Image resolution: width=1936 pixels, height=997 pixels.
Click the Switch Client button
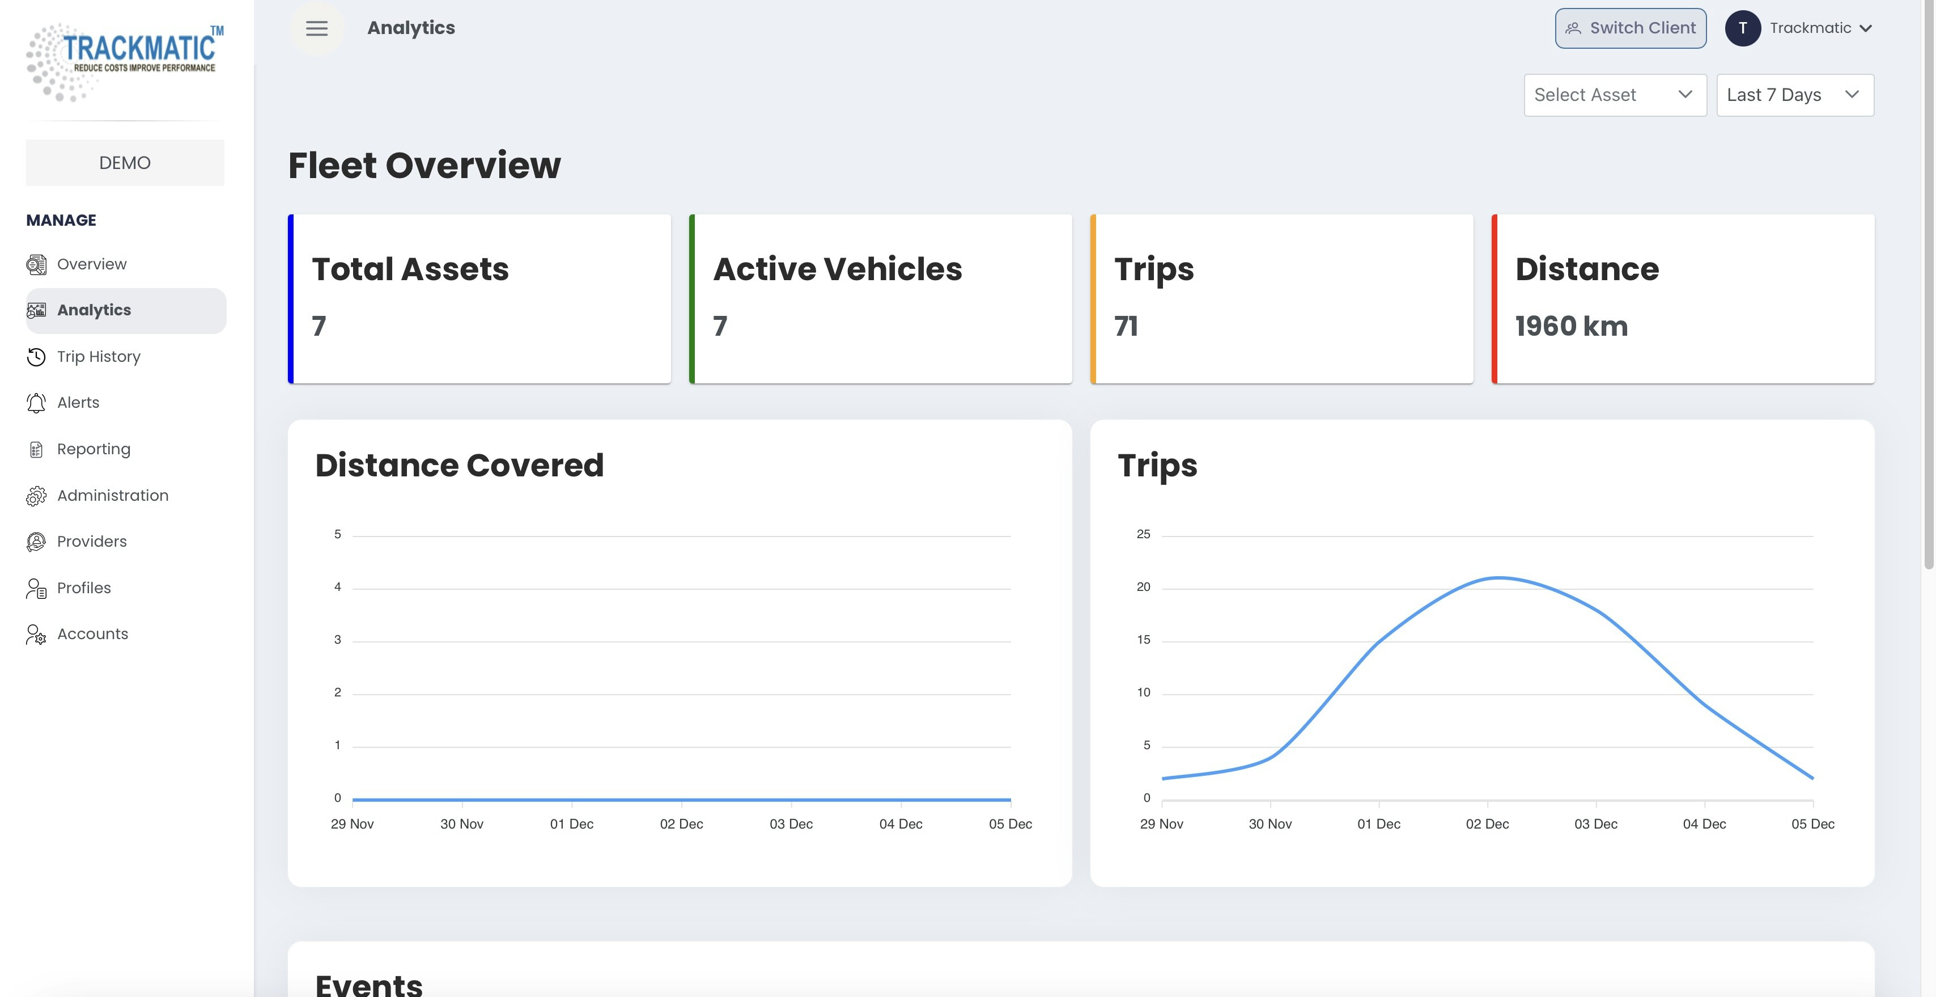[1630, 28]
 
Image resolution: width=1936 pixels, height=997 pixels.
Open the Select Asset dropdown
[1614, 95]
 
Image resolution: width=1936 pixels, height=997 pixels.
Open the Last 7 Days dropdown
[1795, 95]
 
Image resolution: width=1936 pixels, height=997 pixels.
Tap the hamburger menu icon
[316, 28]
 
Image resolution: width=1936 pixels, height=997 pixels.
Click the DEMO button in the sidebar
[125, 162]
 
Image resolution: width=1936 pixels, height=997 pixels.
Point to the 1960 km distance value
[1571, 326]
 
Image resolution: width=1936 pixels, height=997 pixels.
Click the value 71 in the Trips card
[1126, 326]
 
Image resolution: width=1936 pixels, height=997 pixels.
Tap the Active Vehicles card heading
[837, 269]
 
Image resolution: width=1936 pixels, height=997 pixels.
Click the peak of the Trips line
[1498, 577]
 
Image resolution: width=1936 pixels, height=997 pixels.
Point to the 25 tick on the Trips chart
[1143, 534]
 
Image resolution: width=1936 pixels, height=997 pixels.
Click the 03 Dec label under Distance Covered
[791, 824]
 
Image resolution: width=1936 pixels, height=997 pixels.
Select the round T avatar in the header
[1743, 28]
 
